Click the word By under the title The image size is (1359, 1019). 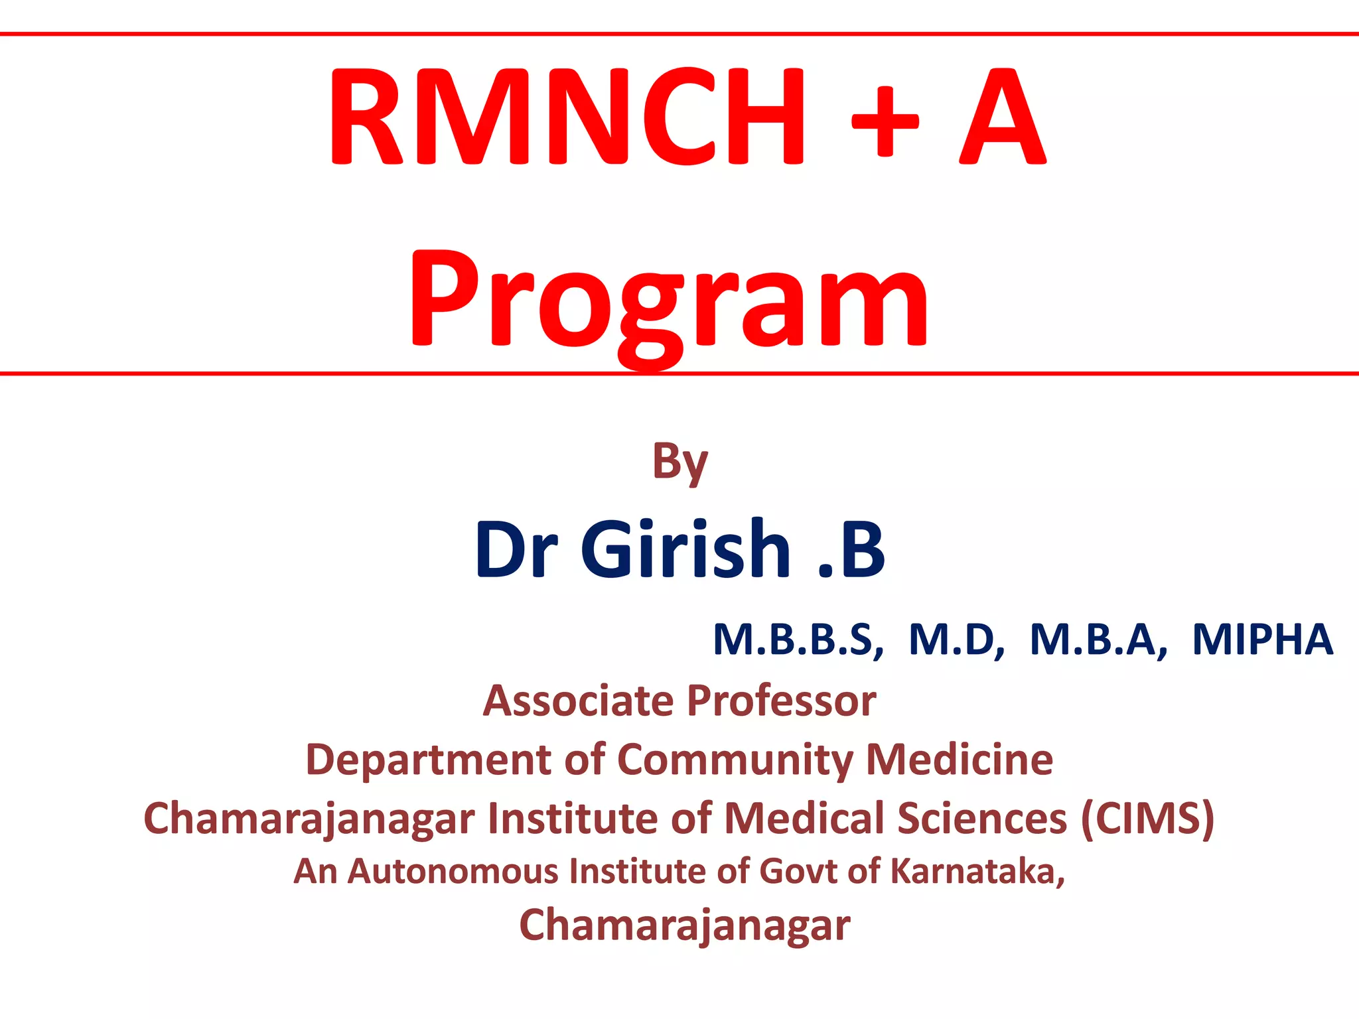[x=679, y=462]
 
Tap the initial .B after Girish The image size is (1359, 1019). [x=852, y=549]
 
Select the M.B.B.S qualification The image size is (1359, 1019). [x=798, y=640]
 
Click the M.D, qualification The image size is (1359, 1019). [x=956, y=640]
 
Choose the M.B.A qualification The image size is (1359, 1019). [x=1098, y=640]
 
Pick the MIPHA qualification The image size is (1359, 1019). [x=1262, y=640]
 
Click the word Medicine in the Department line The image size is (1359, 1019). [x=960, y=760]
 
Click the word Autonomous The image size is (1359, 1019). [x=453, y=871]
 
